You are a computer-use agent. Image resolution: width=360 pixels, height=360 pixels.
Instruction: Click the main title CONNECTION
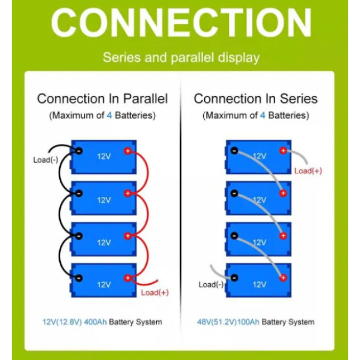click(181, 22)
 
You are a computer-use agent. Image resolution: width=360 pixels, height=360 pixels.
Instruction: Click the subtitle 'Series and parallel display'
click(181, 58)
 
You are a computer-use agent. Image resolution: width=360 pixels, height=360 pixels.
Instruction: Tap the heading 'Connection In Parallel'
click(102, 99)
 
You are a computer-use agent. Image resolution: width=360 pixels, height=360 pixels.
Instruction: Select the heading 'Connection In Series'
click(256, 99)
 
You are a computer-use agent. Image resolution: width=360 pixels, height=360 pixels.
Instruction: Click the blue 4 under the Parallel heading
click(109, 115)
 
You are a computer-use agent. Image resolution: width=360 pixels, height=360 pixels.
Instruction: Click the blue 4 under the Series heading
click(262, 115)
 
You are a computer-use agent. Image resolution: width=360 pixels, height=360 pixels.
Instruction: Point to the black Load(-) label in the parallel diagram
click(46, 160)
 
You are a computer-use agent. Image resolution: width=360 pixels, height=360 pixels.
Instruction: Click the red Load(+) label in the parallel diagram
click(155, 292)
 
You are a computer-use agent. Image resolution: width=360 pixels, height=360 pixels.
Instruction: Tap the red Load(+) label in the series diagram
click(308, 171)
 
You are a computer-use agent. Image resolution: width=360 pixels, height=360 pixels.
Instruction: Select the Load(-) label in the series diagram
click(211, 285)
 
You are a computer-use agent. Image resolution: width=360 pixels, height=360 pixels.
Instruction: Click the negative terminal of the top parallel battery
click(79, 151)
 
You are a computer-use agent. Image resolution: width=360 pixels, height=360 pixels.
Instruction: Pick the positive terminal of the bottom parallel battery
click(127, 278)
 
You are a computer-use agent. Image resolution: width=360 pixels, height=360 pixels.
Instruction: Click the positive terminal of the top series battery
click(283, 150)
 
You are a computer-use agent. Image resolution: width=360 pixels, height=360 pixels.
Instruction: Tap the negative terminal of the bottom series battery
click(234, 278)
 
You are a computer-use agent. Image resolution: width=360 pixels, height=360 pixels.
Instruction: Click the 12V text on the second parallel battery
click(104, 200)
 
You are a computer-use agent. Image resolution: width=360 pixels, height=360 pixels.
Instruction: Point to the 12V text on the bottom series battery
click(259, 285)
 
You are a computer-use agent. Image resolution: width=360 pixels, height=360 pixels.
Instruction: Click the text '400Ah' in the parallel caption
click(95, 322)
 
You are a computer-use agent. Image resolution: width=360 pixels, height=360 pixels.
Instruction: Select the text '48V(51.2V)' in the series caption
click(217, 322)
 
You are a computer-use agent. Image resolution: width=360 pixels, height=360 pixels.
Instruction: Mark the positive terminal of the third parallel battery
click(127, 236)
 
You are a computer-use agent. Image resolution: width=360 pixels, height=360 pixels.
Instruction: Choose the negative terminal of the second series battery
click(234, 193)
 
